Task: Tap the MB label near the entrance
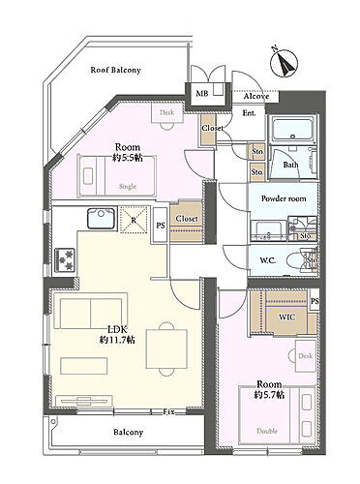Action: [202, 94]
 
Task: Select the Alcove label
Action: [256, 96]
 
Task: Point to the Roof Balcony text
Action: [115, 70]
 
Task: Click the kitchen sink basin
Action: [102, 218]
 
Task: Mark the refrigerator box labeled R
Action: [133, 220]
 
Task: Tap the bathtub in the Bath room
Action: [290, 133]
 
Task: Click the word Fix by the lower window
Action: [168, 411]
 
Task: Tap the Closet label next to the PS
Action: [187, 219]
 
